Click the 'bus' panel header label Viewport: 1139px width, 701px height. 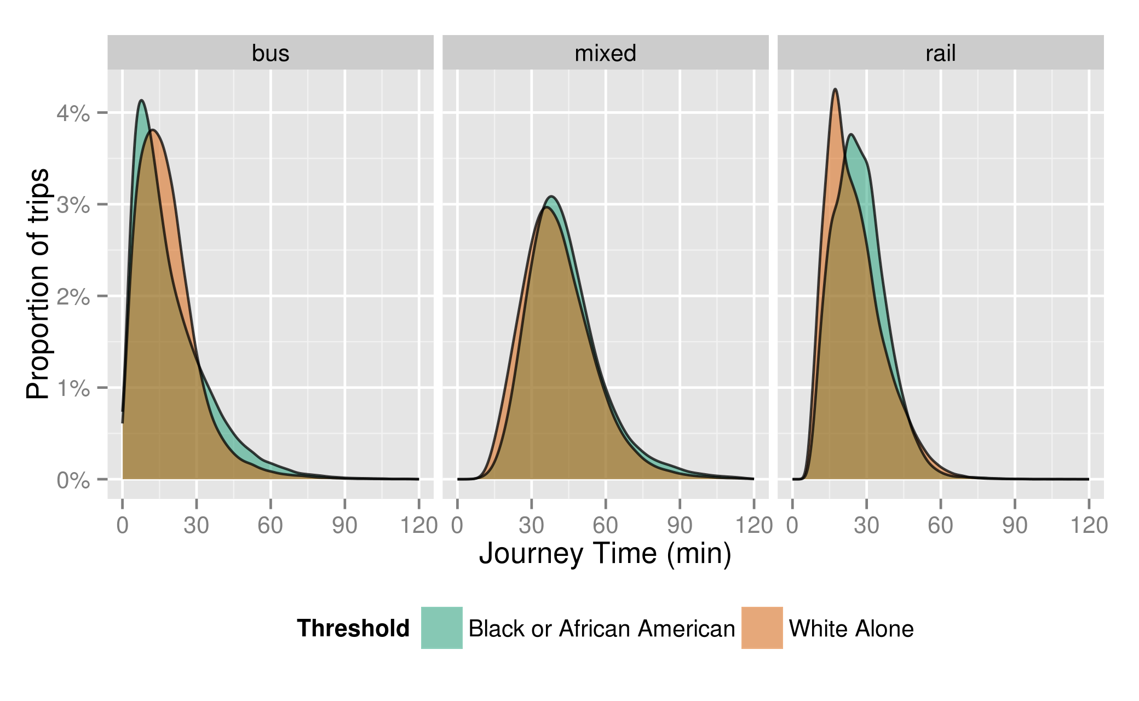[271, 53]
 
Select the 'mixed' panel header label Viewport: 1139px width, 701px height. [605, 53]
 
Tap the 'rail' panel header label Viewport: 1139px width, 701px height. [940, 53]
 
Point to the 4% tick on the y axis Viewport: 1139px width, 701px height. [73, 113]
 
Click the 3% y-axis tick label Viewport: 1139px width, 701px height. [73, 205]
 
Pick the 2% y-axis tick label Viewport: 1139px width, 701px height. [73, 297]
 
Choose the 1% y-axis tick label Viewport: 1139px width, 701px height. [73, 388]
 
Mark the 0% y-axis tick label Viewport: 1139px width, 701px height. [73, 480]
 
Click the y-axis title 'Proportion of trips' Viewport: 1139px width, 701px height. [38, 284]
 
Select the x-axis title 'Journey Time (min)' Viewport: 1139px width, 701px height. [605, 553]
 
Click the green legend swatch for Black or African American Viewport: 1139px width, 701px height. [441, 628]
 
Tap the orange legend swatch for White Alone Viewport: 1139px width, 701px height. [762, 628]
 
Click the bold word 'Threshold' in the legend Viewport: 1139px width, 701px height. [353, 628]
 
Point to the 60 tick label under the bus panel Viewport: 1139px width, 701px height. [271, 526]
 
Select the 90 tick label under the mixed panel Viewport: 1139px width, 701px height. [680, 526]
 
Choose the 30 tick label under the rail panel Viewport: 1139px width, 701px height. [866, 526]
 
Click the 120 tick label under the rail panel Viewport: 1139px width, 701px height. [1089, 526]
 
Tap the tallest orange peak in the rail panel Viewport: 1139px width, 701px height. [835, 90]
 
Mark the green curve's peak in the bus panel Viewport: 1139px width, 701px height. [142, 101]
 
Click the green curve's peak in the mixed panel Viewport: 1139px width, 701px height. [551, 197]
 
